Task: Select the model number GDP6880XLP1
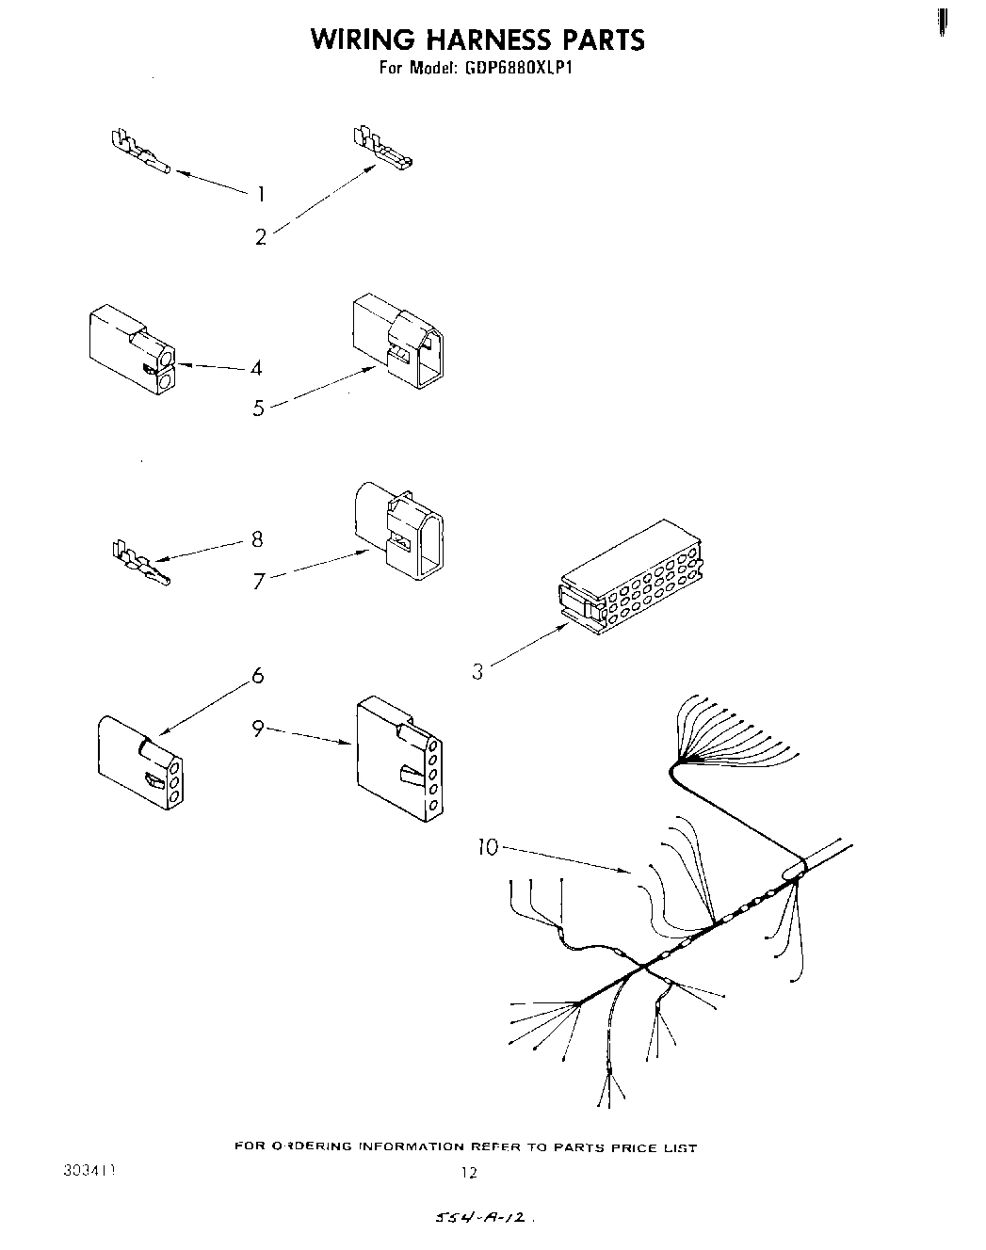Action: point(519,68)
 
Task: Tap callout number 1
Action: point(261,195)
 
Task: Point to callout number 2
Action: point(261,237)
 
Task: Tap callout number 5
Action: point(258,409)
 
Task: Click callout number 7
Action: point(258,582)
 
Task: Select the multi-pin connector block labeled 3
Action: point(629,576)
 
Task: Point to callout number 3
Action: point(478,672)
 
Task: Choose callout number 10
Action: point(487,847)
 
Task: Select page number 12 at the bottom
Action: point(469,1173)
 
